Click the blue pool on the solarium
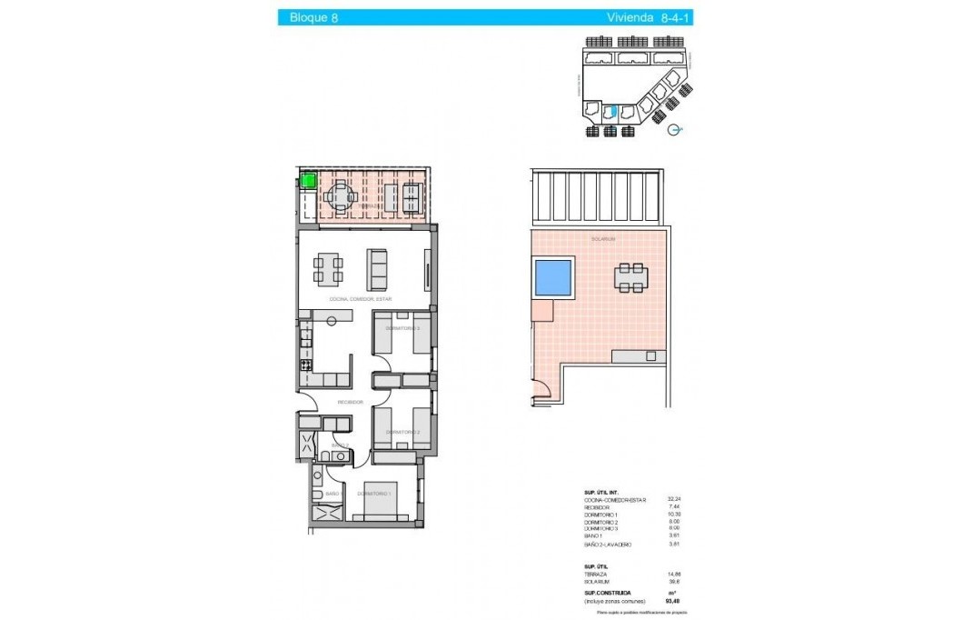tap(553, 277)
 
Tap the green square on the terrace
tap(308, 181)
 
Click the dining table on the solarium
tap(630, 277)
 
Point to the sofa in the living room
tap(378, 268)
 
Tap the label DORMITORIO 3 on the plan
tap(402, 328)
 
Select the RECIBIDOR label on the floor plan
tap(351, 402)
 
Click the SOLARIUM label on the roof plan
tap(603, 239)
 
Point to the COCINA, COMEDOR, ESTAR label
tap(362, 298)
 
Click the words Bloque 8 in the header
tap(313, 17)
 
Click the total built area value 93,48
tap(673, 601)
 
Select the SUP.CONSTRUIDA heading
tap(609, 593)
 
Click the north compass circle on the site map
tap(674, 130)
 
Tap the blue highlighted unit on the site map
tap(611, 112)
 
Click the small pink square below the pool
tap(542, 311)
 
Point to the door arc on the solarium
tap(541, 392)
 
